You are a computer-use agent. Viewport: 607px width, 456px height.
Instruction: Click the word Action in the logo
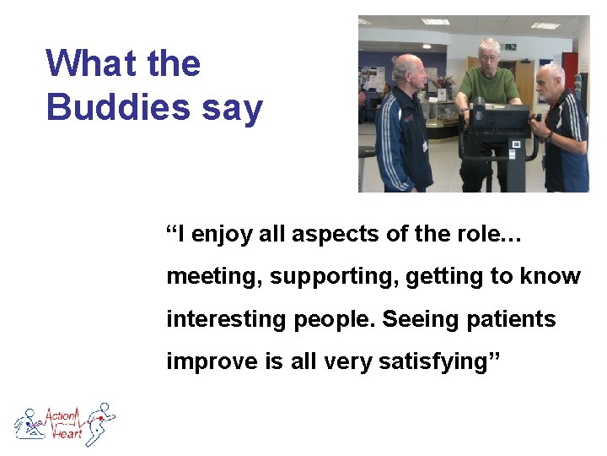point(61,415)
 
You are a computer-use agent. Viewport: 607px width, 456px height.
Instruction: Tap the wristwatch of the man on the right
point(549,136)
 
